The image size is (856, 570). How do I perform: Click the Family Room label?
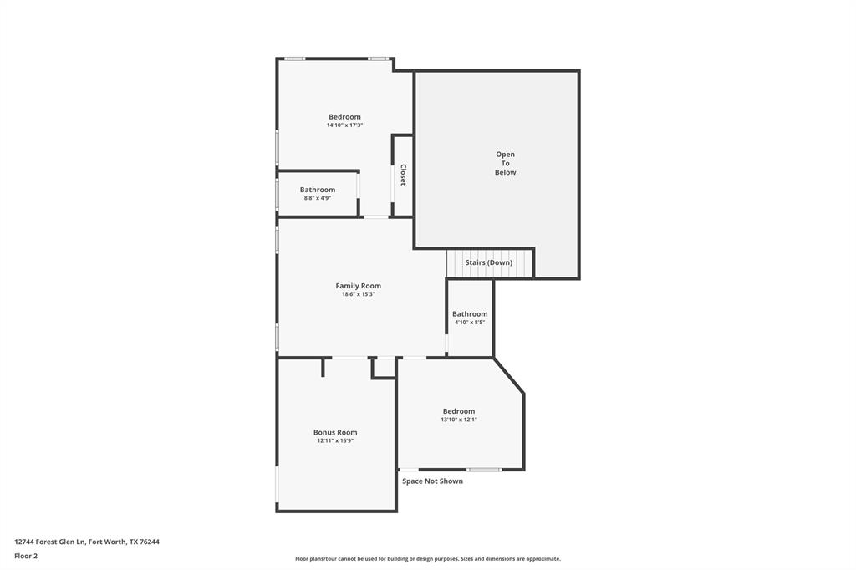point(358,286)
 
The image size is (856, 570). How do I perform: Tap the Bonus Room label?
point(335,432)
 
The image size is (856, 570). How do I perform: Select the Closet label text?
point(403,175)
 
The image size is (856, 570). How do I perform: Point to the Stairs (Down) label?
point(489,262)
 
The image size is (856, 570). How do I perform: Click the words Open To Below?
point(505,163)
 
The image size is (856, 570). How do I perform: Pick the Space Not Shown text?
point(432,481)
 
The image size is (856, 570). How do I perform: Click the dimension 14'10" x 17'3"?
point(344,125)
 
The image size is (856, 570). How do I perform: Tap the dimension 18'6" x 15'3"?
point(358,294)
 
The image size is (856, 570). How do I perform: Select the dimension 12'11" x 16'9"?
point(335,440)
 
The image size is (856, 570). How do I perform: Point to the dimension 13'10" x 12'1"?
point(459,420)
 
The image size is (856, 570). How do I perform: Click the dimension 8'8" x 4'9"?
point(318,198)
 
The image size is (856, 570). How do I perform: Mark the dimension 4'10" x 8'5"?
point(470,323)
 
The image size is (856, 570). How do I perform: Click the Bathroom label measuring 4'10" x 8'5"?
point(470,314)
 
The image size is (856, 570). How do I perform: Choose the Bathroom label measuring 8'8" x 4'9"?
point(318,190)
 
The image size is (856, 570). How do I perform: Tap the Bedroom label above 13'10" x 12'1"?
point(459,411)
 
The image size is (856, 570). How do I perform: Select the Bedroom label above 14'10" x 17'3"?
point(344,117)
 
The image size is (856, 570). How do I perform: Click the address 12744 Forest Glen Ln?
point(50,542)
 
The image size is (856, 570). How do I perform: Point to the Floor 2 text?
point(26,556)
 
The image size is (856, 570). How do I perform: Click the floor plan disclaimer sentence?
point(427,559)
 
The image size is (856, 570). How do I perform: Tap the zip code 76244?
point(150,542)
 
